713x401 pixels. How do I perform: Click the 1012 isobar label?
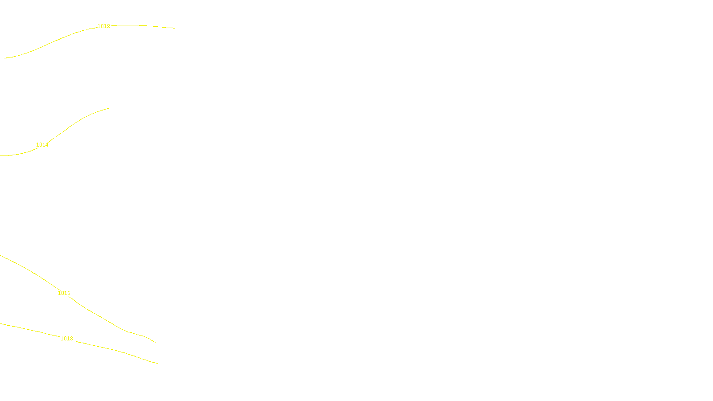pos(104,26)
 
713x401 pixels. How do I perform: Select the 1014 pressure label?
pos(42,145)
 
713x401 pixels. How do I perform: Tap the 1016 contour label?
pos(64,293)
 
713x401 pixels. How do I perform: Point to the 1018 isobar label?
pos(67,339)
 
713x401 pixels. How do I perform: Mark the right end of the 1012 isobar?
pos(175,28)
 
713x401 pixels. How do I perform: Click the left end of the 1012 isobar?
pos(4,58)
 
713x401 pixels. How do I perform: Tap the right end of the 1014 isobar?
pos(110,108)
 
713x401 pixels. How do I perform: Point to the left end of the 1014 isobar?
pos(0,155)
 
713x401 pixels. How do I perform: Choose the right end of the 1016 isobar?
pos(155,342)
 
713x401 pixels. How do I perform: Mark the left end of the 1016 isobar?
pos(0,256)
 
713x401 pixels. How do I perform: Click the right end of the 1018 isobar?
pos(157,363)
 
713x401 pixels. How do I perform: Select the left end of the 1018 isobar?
pos(0,323)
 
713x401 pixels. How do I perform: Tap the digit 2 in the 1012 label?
pos(108,26)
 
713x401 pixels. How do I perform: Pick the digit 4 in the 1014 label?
pos(47,145)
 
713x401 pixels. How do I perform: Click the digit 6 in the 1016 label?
pos(69,293)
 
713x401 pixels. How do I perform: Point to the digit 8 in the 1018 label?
pos(71,339)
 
